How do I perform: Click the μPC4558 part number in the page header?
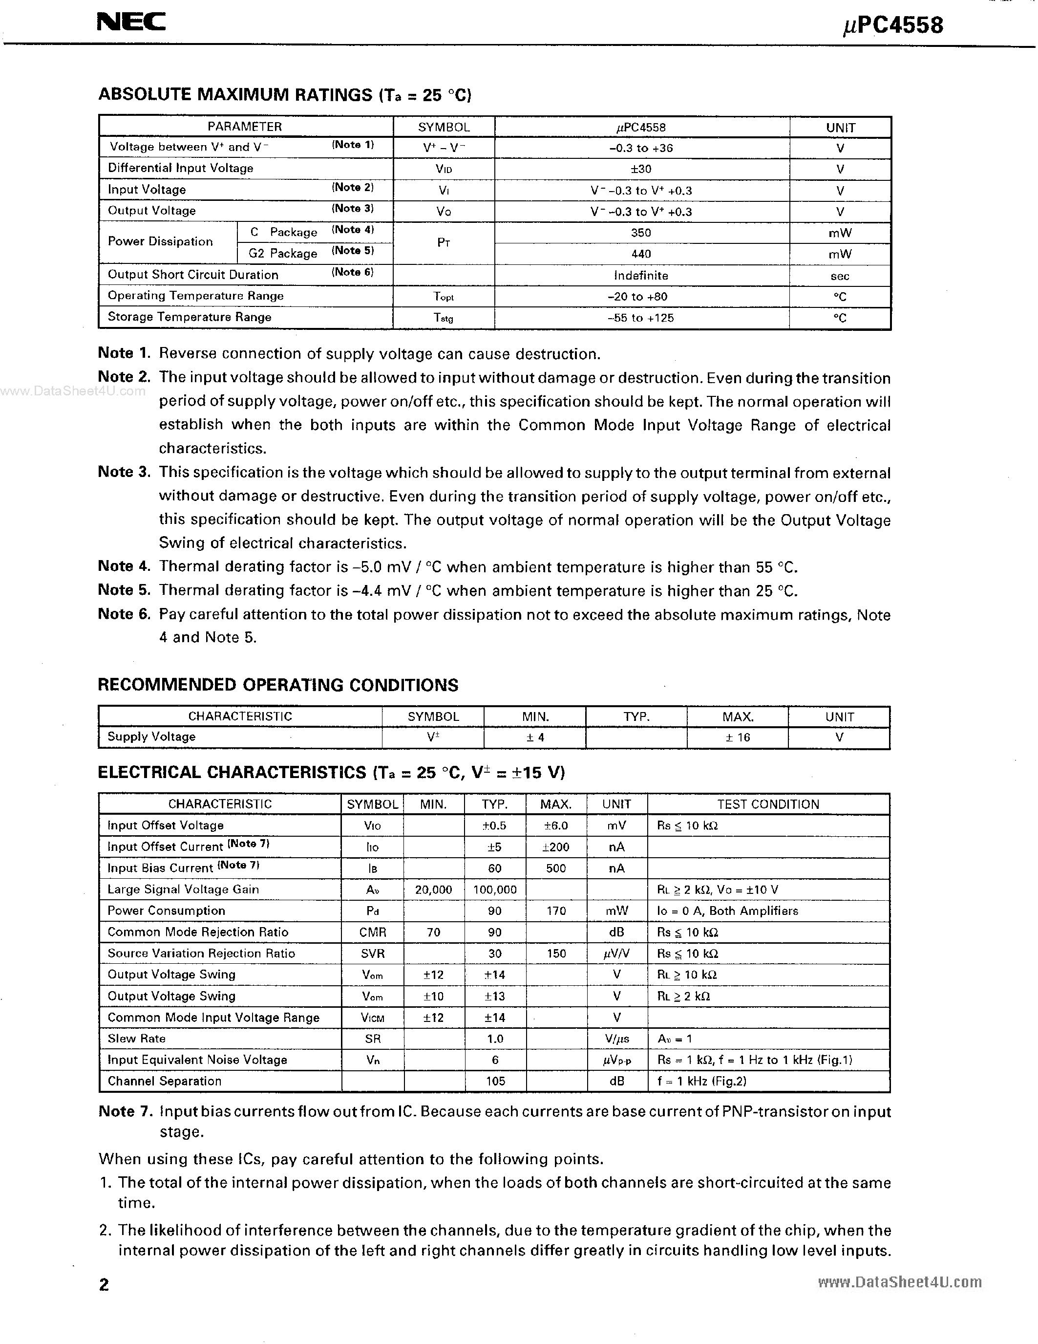[893, 25]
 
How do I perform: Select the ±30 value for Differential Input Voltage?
[641, 169]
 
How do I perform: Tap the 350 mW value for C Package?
[641, 233]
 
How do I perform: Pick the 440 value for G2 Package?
[641, 254]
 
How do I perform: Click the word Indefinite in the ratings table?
[641, 276]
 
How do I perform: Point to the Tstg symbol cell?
[444, 318]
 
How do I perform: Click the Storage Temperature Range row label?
[190, 317]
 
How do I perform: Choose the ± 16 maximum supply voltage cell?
[737, 737]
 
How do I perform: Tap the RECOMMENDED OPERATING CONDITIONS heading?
[278, 685]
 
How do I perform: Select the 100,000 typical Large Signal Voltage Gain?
[495, 889]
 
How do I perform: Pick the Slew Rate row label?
[136, 1039]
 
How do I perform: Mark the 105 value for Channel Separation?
[495, 1081]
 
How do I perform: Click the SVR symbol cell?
[372, 953]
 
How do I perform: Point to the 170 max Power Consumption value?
[556, 911]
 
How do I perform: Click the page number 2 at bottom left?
[104, 1284]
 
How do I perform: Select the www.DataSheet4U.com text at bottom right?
[900, 1282]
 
